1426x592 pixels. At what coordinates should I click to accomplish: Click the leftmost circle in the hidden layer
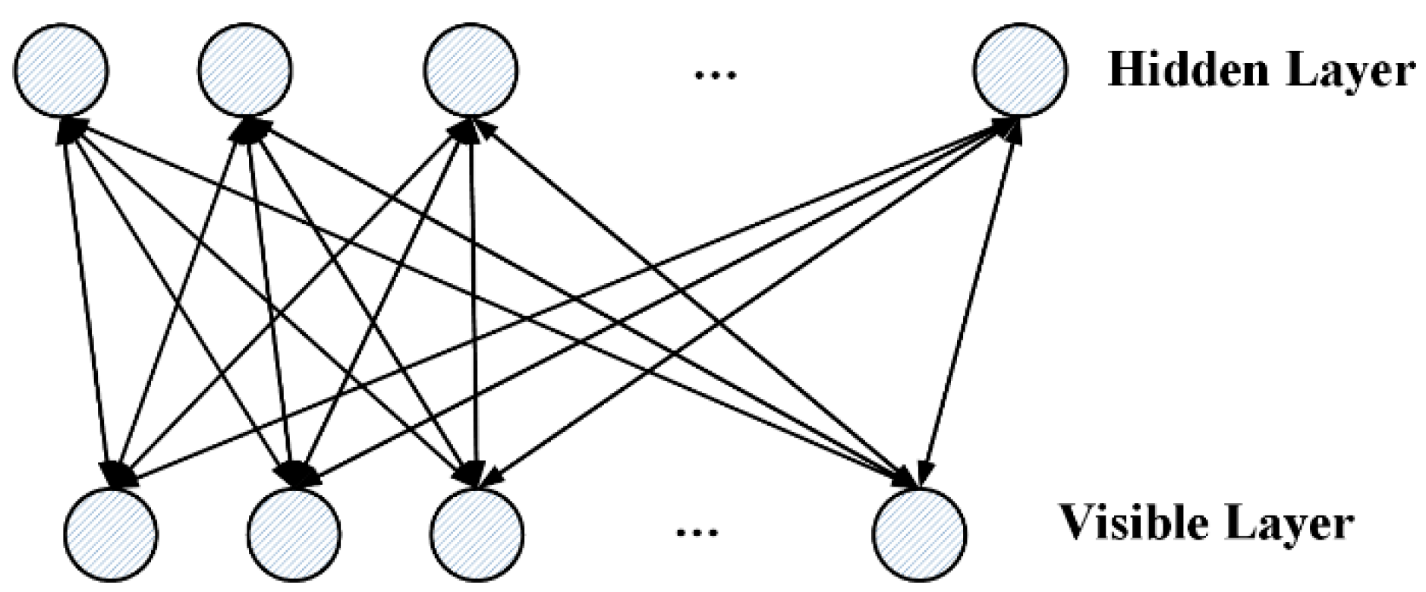click(61, 71)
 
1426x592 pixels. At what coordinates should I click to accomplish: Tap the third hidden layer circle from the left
click(471, 71)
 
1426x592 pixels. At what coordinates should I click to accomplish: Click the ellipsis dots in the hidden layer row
click(716, 74)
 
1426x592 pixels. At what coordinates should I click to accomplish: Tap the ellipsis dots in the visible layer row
click(697, 531)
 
